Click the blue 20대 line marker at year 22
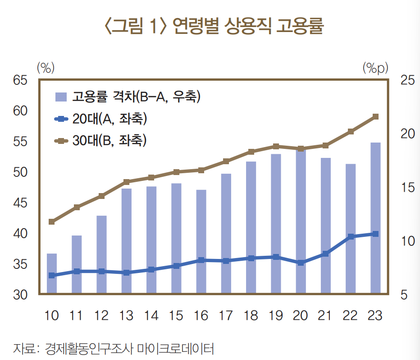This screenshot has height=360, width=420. (x=351, y=236)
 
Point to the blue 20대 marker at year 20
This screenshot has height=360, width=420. (x=301, y=262)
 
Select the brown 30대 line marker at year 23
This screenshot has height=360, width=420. (x=375, y=117)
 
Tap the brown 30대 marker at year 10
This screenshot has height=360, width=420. (x=52, y=222)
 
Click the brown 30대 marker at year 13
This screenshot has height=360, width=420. (x=127, y=182)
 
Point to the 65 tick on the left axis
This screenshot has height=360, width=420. (x=20, y=80)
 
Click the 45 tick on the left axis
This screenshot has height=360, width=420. (x=20, y=203)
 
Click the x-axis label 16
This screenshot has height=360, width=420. (x=201, y=315)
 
